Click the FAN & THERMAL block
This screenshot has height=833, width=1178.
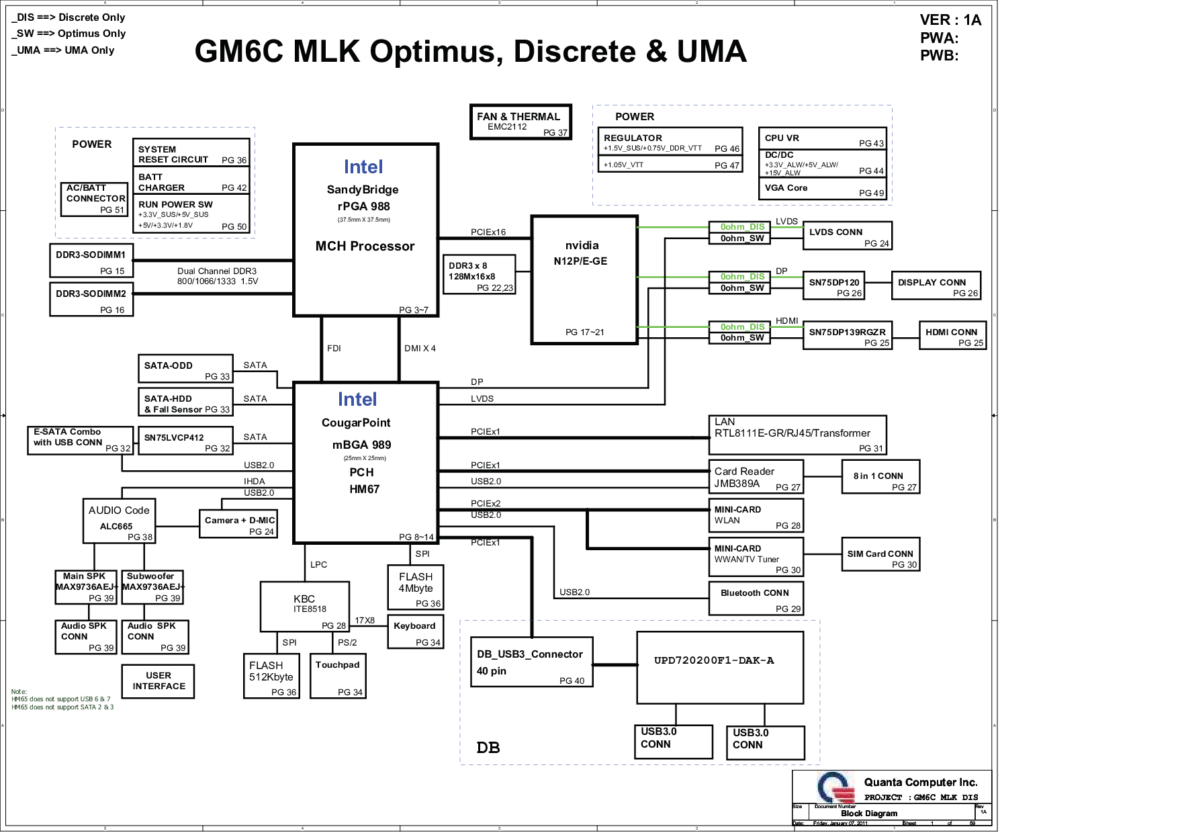click(520, 122)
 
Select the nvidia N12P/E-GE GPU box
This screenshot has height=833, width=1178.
click(584, 279)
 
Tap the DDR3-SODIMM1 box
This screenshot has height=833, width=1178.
click(91, 261)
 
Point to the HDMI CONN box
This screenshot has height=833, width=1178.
click(952, 335)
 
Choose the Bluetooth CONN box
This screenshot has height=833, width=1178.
click(756, 599)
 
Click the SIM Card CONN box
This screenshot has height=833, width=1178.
click(880, 555)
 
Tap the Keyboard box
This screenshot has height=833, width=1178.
click(415, 632)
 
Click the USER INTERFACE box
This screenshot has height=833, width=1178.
click(158, 681)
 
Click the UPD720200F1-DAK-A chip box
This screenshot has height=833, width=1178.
click(719, 667)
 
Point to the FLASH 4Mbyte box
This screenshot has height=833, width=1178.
click(416, 587)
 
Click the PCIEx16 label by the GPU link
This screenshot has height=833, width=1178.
click(488, 232)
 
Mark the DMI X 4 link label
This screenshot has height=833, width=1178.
click(420, 349)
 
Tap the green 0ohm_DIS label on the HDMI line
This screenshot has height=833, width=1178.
click(741, 327)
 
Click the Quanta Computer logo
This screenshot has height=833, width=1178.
click(835, 787)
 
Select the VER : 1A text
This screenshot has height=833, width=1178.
click(950, 20)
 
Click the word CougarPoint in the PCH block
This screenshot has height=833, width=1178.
click(356, 423)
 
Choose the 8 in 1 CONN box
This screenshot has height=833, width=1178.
click(880, 477)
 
